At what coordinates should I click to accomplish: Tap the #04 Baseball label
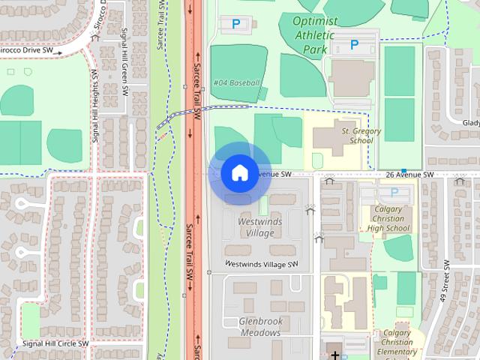tap(237, 82)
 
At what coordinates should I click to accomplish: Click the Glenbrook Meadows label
tap(260, 326)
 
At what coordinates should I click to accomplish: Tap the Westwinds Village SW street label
tap(262, 264)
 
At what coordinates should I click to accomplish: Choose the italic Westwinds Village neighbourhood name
tap(256, 227)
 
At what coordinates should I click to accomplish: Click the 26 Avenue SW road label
tap(409, 175)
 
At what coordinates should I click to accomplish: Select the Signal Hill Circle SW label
tap(55, 343)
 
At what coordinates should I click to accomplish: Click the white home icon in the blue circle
tap(239, 173)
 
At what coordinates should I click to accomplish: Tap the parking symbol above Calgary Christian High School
tap(394, 193)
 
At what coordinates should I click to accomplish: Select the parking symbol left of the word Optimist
tap(236, 24)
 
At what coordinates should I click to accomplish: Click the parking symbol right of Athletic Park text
tap(355, 45)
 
